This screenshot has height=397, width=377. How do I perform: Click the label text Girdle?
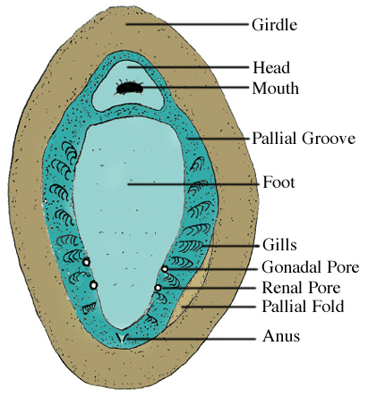pos(274,25)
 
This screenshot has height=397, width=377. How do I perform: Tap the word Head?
pos(271,67)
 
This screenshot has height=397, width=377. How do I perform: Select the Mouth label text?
pos(275,89)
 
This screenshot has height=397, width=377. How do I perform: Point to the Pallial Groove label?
pos(304,139)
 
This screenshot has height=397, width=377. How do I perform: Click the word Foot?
pos(278,182)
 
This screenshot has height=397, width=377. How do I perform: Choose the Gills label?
pos(279,245)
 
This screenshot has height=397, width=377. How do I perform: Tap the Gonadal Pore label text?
pos(311,267)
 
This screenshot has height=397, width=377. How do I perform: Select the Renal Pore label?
pos(301,288)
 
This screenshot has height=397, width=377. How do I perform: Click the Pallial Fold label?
pos(303,307)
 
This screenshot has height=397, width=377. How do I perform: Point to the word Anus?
pos(281,336)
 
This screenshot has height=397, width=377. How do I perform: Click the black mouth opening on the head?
pos(129,88)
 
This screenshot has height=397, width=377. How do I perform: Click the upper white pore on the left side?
pos(86,262)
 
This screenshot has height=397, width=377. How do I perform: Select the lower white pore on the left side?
pos(94,285)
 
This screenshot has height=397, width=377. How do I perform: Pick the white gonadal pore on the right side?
pos(165,269)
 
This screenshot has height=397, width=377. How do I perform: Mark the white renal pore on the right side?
pos(158,288)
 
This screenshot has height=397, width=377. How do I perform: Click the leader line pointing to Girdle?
pos(187,24)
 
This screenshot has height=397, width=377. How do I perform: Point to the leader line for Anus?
pos(191,339)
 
